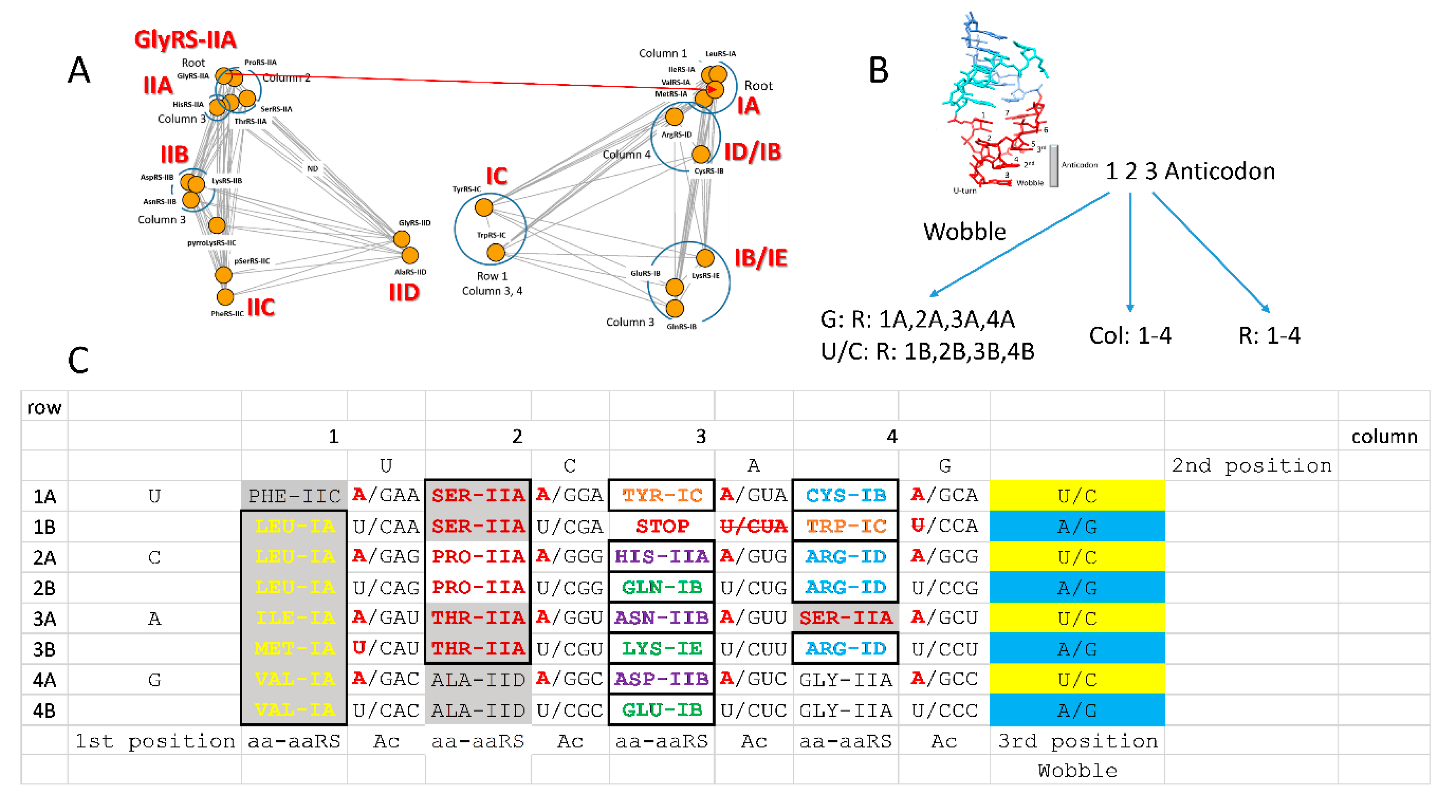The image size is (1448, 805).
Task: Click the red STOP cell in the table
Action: (662, 526)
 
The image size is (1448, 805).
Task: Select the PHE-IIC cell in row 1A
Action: (294, 495)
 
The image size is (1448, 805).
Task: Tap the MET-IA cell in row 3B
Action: (294, 648)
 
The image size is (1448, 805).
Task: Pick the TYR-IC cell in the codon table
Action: (662, 495)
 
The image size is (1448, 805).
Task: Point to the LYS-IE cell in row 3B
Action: (662, 648)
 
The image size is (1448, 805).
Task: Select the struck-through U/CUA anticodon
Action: (753, 526)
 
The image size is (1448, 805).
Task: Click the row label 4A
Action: (44, 680)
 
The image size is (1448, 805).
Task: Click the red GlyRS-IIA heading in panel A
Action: (185, 40)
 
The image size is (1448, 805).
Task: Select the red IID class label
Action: (404, 293)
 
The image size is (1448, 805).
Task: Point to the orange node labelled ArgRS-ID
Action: (674, 117)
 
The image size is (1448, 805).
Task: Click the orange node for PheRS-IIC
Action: (225, 297)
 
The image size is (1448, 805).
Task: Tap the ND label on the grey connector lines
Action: (312, 169)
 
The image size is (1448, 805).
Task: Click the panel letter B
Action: (879, 71)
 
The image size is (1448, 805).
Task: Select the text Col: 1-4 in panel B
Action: (1130, 335)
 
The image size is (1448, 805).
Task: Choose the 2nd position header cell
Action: (1251, 466)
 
